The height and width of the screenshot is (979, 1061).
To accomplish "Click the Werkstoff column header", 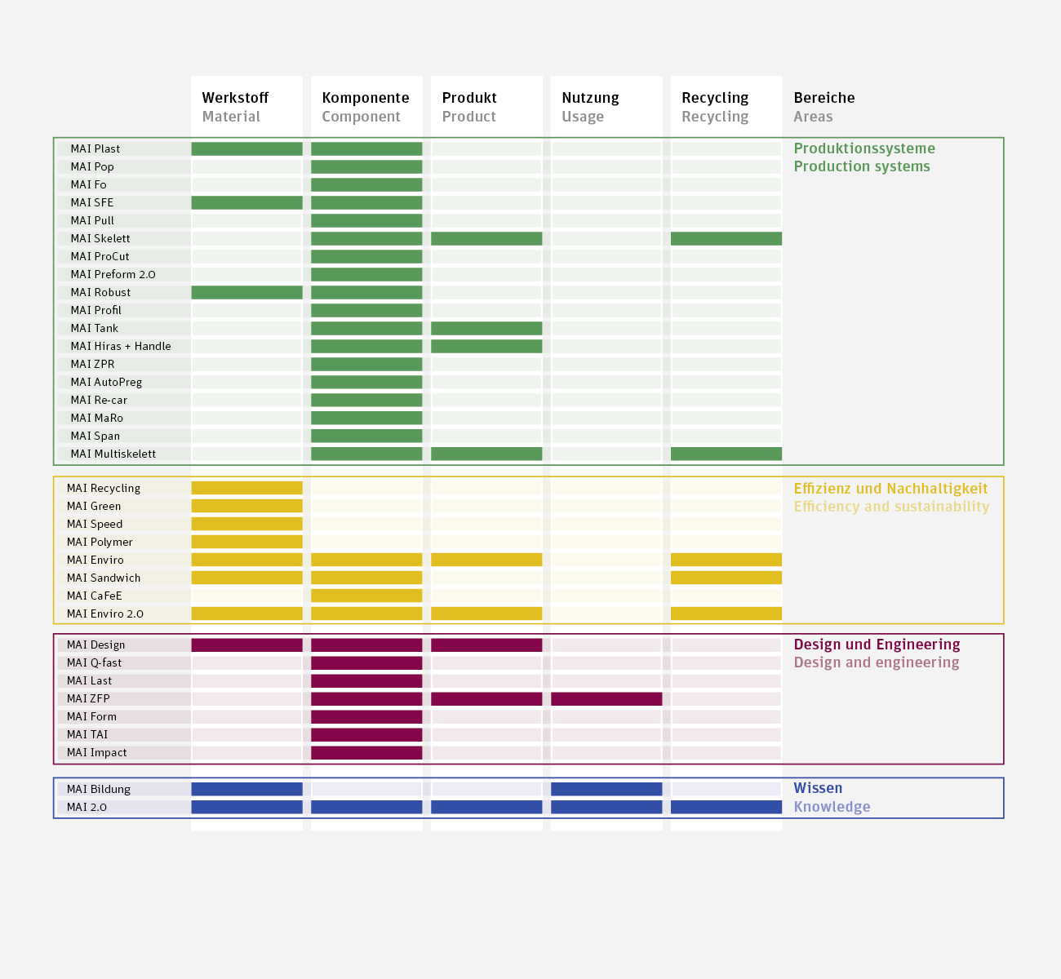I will click(235, 98).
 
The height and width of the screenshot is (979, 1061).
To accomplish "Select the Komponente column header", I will click(366, 98).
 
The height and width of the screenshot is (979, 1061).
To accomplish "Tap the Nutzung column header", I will click(590, 98).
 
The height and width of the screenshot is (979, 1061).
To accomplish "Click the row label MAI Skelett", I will click(100, 238).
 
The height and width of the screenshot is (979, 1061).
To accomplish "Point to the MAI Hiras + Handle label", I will click(121, 346).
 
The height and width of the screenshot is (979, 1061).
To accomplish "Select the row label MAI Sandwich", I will click(104, 578).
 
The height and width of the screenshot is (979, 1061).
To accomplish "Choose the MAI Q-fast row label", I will click(94, 662).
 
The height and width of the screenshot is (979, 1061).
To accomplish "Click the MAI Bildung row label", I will click(99, 789).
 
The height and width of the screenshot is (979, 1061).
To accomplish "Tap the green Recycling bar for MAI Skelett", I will click(726, 238).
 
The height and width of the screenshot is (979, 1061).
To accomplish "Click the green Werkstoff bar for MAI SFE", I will click(246, 202).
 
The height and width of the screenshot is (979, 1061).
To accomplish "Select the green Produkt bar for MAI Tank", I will click(486, 328).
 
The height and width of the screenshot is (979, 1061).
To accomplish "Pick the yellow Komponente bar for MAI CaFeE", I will click(366, 596).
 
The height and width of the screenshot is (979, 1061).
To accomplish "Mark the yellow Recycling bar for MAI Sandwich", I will click(726, 578).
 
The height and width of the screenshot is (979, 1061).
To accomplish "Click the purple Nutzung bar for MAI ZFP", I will click(606, 698).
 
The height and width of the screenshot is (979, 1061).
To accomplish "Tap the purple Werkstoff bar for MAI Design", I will click(246, 645).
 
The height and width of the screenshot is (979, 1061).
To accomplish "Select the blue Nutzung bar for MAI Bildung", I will click(606, 789).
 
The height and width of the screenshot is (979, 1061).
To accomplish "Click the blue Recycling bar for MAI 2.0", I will click(726, 807).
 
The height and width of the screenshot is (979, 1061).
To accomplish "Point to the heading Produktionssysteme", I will click(864, 148).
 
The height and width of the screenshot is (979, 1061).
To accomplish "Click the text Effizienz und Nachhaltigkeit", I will click(890, 489).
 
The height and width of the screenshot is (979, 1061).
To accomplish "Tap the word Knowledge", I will click(832, 807).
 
